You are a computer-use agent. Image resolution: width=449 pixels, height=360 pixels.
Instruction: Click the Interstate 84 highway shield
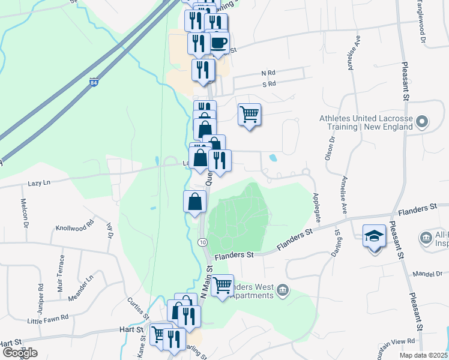(x=94, y=82)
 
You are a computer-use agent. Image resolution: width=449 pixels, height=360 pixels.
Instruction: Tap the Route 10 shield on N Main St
(x=203, y=242)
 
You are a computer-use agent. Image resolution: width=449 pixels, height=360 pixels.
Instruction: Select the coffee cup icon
(x=218, y=43)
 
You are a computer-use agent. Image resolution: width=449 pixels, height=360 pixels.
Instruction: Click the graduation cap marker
(x=374, y=236)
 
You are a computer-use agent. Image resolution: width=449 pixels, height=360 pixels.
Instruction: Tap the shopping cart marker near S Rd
(x=249, y=113)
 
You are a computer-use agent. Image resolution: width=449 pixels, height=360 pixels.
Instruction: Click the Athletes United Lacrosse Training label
(x=366, y=122)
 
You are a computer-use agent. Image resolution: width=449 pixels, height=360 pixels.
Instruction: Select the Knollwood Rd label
(x=75, y=225)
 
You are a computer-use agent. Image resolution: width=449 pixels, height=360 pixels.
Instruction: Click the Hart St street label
(x=131, y=329)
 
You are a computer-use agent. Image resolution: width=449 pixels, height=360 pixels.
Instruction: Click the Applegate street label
(x=316, y=208)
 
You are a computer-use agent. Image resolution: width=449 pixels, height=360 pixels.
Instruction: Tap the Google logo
(x=19, y=352)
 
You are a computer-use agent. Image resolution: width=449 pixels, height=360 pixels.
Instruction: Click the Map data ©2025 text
(x=424, y=355)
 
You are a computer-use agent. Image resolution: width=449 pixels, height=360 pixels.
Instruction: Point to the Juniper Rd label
(x=41, y=295)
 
